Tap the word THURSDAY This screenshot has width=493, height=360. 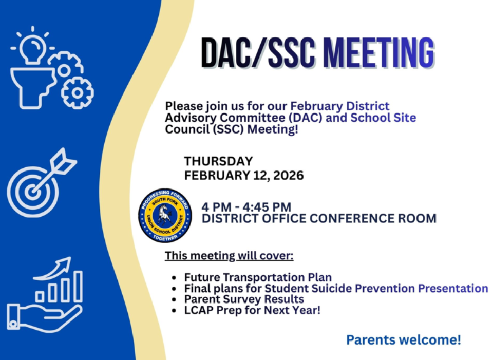(x=218, y=161)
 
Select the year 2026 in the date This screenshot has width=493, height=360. (x=288, y=176)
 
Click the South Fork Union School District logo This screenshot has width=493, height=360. (x=165, y=215)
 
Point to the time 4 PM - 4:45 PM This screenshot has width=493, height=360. (x=246, y=207)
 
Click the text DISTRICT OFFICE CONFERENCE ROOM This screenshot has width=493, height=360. (x=319, y=218)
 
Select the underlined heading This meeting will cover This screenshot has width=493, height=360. (x=229, y=255)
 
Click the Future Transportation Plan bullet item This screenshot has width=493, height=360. (x=258, y=277)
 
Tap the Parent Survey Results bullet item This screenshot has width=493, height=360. (x=244, y=299)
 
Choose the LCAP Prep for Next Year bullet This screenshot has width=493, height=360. (x=252, y=310)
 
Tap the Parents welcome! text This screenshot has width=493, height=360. (x=403, y=339)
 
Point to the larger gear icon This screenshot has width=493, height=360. (x=78, y=93)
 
